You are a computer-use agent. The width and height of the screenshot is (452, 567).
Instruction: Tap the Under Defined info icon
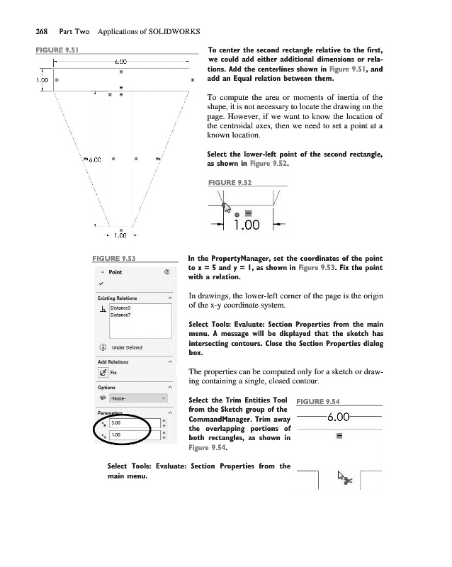(x=103, y=347)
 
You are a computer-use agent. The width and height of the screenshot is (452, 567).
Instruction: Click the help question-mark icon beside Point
(x=166, y=271)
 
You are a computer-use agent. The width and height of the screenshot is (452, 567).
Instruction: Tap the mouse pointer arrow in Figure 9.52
(x=225, y=207)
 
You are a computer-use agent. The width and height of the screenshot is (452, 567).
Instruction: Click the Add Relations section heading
(x=113, y=361)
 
